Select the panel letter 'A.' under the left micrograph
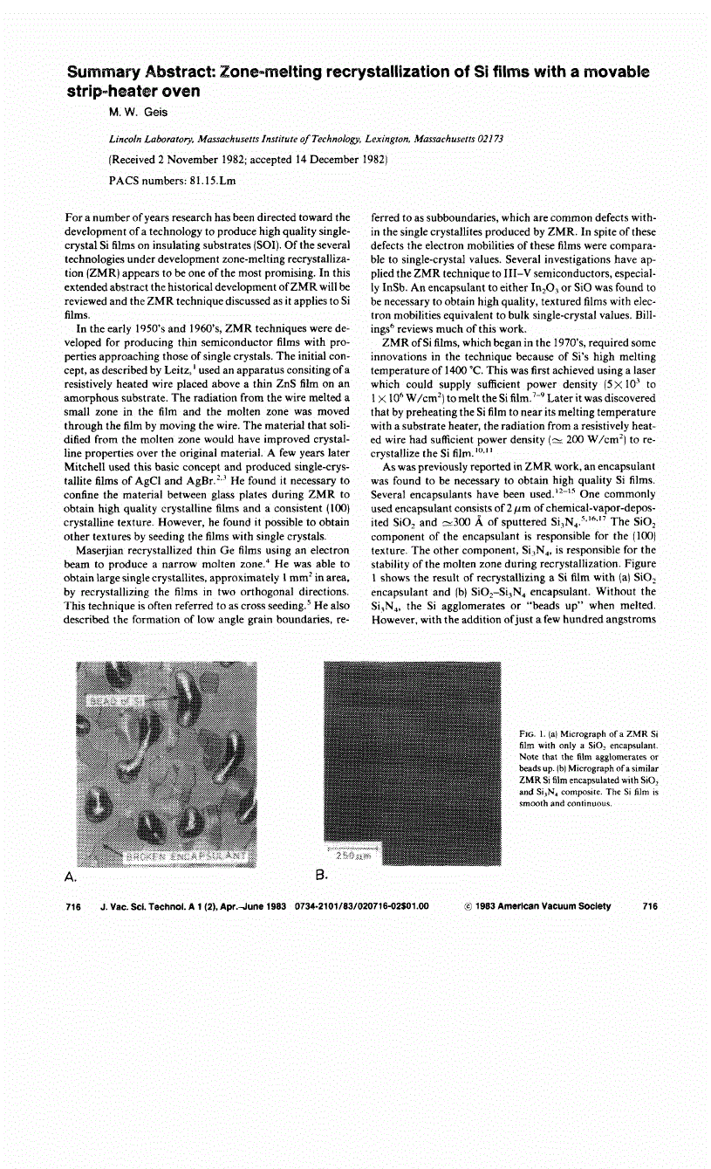tap(72, 874)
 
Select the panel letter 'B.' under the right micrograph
tap(320, 874)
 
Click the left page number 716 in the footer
tap(73, 907)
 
